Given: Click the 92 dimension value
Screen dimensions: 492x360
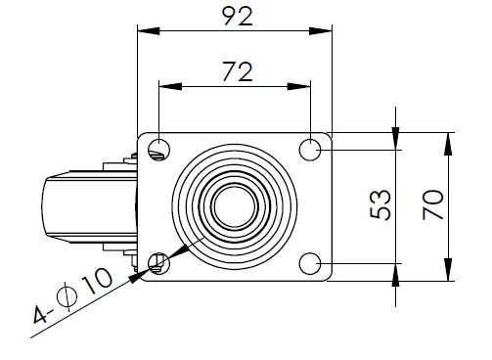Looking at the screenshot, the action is pyautogui.click(x=237, y=17).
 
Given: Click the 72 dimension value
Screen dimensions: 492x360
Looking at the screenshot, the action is pyautogui.click(x=238, y=71).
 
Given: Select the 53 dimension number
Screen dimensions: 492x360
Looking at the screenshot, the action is pyautogui.click(x=380, y=205).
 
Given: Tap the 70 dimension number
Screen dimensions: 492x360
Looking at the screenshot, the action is pyautogui.click(x=433, y=205).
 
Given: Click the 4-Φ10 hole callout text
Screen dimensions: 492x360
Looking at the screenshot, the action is pyautogui.click(x=72, y=295).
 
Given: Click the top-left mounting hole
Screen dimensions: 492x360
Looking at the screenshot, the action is pyautogui.click(x=158, y=150).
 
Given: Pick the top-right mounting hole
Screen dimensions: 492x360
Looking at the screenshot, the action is pyautogui.click(x=310, y=150).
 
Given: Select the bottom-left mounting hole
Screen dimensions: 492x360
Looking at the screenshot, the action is pyautogui.click(x=158, y=263).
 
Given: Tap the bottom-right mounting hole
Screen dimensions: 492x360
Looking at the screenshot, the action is pyautogui.click(x=310, y=263).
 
